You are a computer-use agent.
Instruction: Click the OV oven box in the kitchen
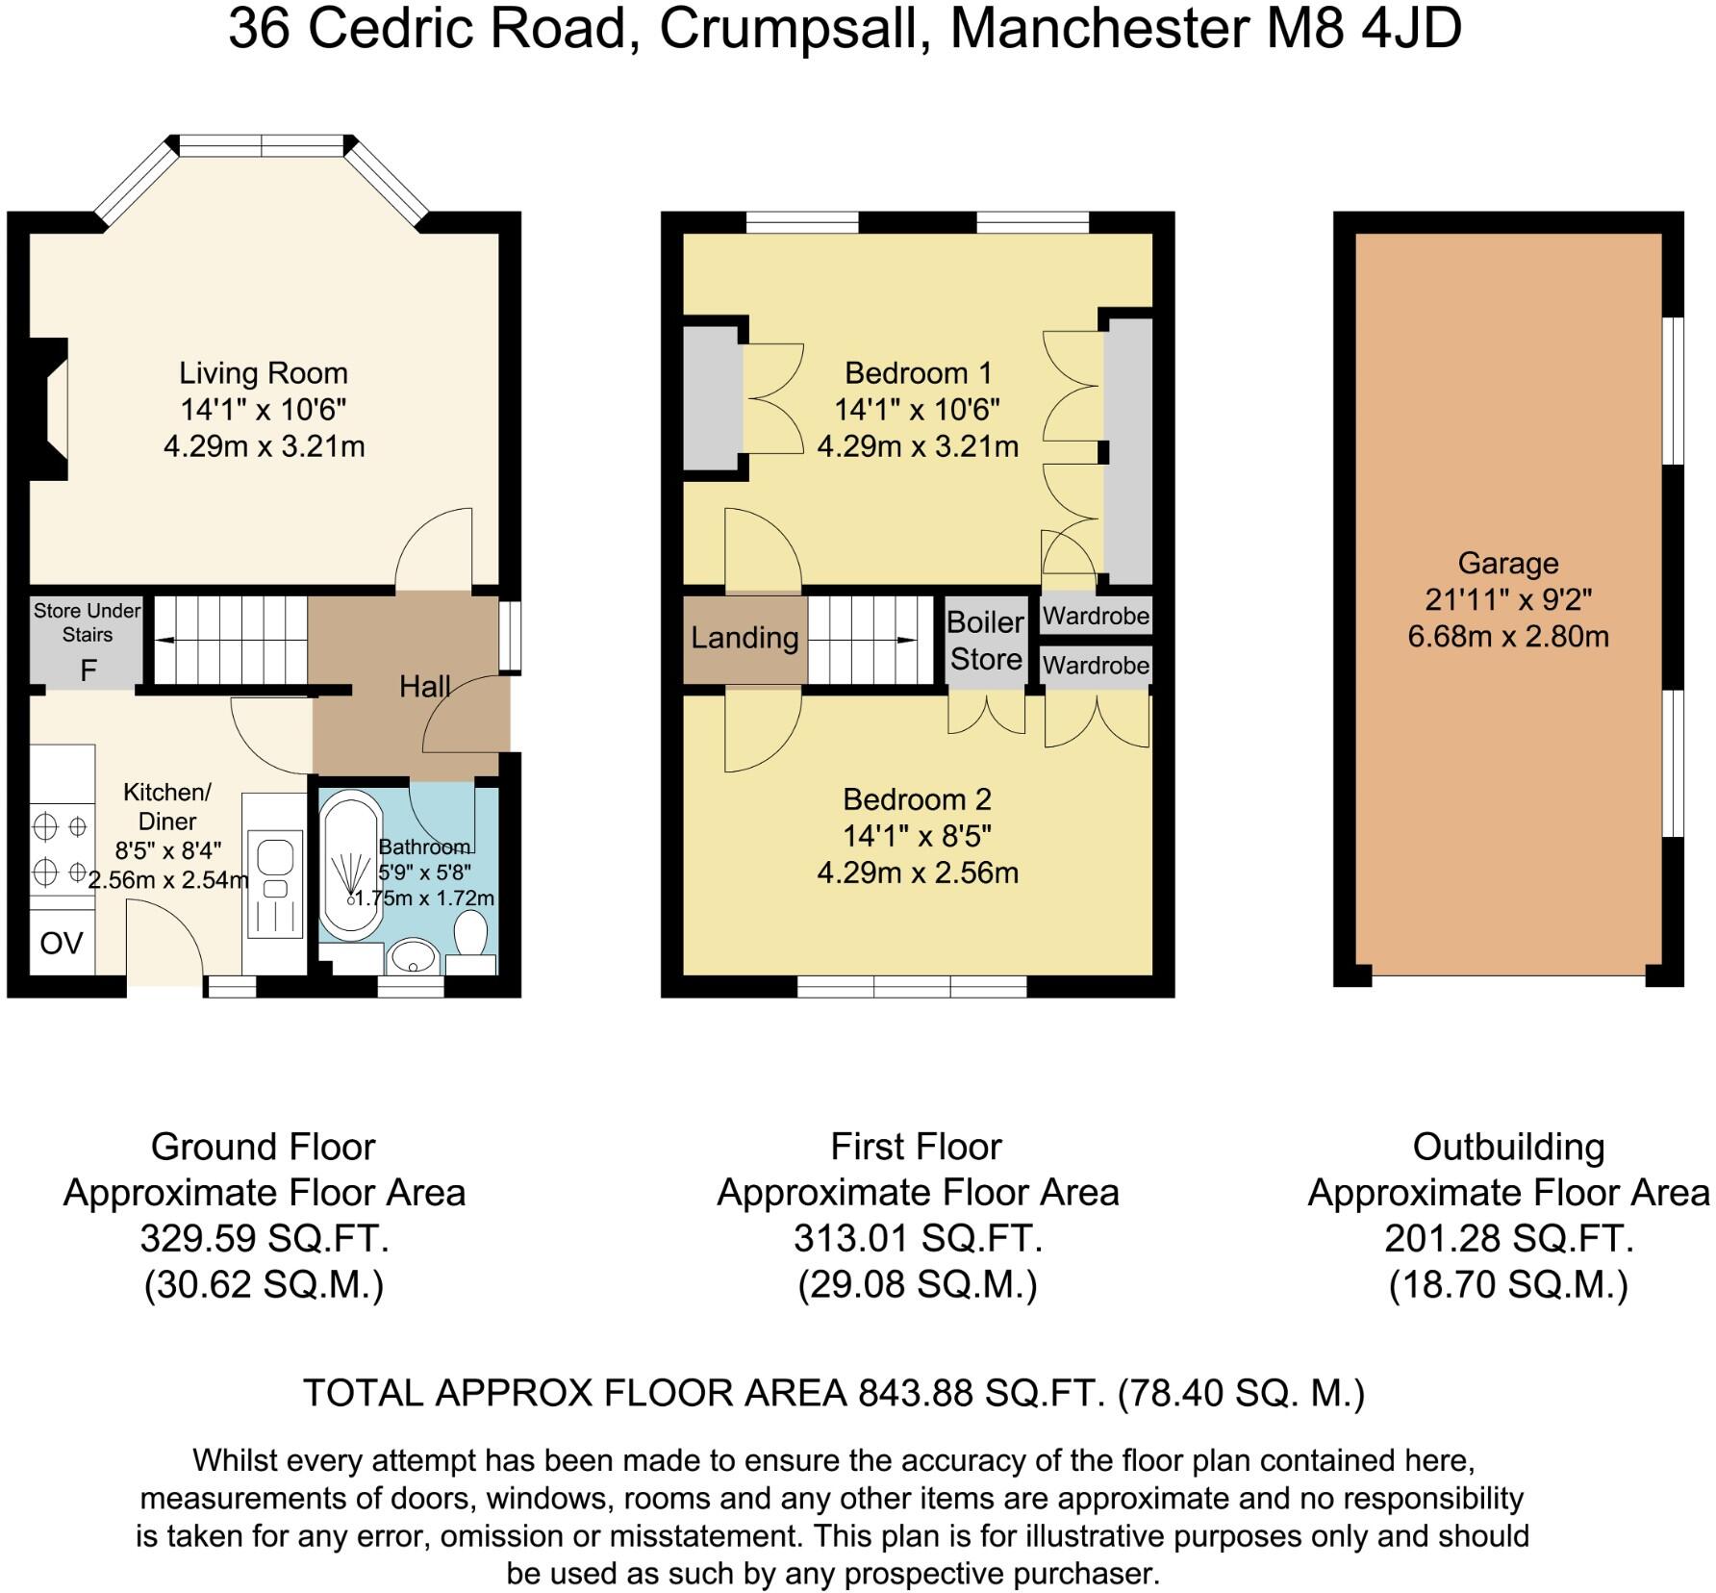coord(62,943)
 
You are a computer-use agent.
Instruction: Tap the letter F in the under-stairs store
coord(88,670)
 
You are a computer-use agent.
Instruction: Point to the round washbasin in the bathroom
coord(414,957)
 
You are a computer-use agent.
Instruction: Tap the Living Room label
coord(264,373)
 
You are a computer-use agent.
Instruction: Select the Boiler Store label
coord(986,641)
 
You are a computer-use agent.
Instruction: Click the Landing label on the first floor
coord(744,638)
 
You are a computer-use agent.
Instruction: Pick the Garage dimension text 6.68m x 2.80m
coord(1507,637)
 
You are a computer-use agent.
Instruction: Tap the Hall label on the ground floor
coord(424,686)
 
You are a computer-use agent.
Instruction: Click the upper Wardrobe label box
coord(1096,616)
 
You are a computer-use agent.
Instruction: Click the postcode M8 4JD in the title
coord(1363,29)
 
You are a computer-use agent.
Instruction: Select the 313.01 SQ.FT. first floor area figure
coord(918,1238)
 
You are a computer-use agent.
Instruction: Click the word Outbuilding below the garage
coord(1508,1147)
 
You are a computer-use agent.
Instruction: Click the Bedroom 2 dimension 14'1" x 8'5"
coord(917,836)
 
